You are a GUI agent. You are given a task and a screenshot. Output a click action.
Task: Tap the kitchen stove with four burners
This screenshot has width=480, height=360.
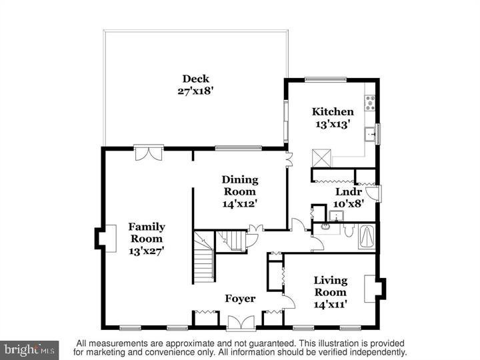coord(369,103)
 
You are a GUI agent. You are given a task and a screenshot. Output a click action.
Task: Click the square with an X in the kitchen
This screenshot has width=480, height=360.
coord(322,158)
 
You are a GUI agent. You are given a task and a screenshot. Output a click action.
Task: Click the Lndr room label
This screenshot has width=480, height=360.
coord(347,192)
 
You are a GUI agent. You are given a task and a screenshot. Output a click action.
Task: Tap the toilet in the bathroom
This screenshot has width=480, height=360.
coord(347,230)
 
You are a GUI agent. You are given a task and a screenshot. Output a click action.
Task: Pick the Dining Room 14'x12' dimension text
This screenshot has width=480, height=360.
coord(240,204)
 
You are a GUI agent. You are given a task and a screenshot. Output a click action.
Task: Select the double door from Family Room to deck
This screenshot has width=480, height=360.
coord(148,153)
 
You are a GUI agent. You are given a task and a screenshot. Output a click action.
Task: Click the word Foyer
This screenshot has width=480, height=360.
coord(239,299)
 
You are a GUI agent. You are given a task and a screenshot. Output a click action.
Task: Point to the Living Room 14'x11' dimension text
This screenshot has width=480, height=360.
coord(330,304)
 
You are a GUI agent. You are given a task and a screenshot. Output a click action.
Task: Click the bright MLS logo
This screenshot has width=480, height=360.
coord(29,349)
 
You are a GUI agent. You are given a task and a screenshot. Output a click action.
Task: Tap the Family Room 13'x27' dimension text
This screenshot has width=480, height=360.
coord(147,251)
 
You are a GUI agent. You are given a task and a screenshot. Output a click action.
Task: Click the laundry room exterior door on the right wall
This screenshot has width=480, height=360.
coord(377,193)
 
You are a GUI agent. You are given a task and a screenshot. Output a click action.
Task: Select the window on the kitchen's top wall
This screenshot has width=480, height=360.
coord(326,79)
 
